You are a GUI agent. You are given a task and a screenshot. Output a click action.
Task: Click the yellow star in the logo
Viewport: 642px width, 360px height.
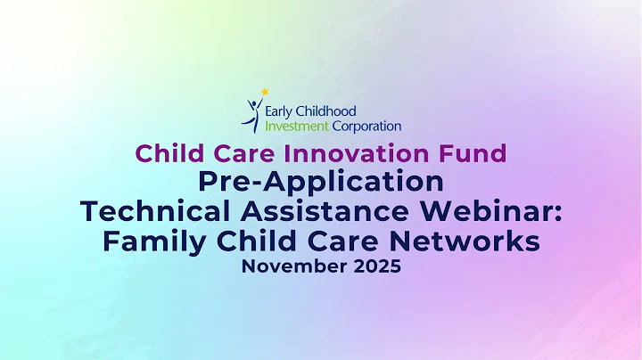point(264,91)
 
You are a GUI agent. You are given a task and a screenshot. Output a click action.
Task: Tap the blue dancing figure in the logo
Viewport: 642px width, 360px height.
point(253,114)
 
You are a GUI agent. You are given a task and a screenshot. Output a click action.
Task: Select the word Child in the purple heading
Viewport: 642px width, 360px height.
point(167,153)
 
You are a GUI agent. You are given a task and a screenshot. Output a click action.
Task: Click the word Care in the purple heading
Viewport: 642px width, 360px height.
point(235,153)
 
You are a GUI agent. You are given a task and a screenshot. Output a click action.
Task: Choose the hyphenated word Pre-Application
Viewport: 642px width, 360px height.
point(321,182)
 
